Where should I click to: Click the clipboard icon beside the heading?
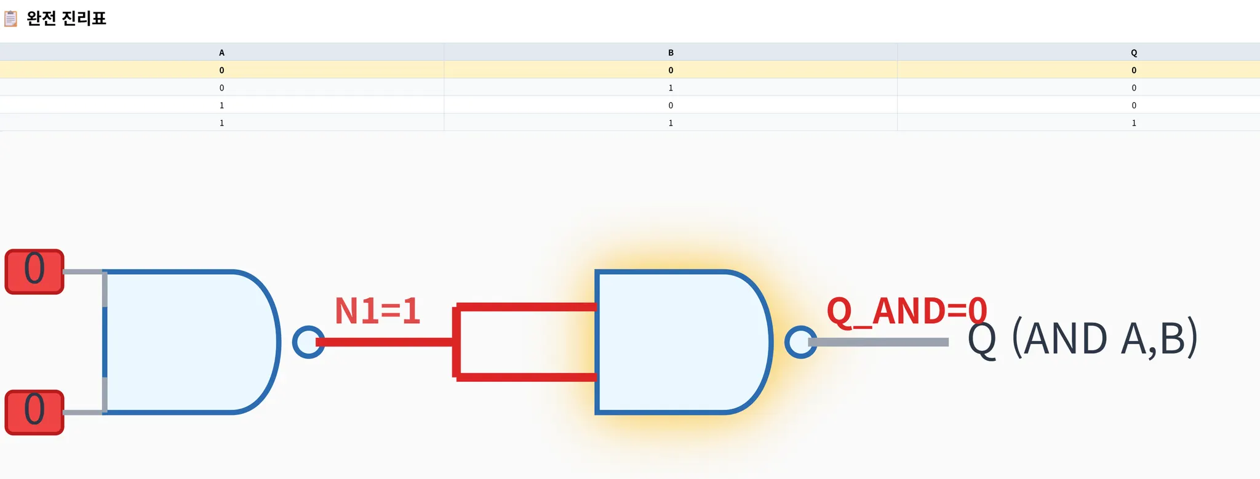point(10,18)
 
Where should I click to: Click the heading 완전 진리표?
point(66,18)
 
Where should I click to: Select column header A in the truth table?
point(221,52)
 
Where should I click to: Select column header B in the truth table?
point(671,52)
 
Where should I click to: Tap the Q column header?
point(1134,52)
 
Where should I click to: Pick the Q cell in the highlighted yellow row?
point(1134,70)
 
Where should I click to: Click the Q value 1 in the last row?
point(1134,123)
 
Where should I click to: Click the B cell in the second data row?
point(671,88)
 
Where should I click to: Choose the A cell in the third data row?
point(221,105)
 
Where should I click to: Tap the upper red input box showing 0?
point(34,272)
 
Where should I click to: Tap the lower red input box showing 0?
point(34,413)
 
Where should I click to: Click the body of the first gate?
point(185,342)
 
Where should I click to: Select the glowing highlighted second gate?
point(677,342)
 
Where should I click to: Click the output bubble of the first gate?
point(308,342)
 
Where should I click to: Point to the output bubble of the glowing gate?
point(800,342)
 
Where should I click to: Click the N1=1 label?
point(377,311)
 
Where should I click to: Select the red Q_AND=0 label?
point(906,311)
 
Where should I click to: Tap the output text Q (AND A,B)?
point(1083,339)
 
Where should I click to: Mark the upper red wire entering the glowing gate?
point(526,307)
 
